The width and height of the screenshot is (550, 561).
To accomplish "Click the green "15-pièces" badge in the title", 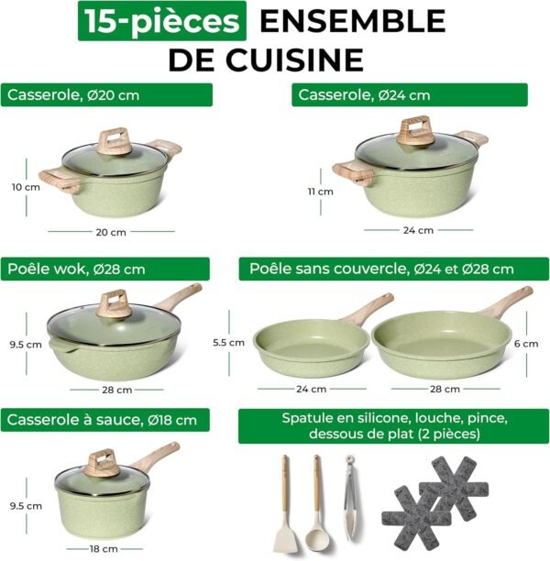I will click(x=161, y=21).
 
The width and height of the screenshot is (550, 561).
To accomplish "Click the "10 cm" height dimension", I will click(x=26, y=187).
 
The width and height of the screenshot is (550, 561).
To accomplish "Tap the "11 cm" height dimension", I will click(x=320, y=192).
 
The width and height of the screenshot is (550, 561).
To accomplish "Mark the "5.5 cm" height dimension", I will click(x=229, y=342).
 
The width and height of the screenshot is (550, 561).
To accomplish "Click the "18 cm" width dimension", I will click(x=104, y=549).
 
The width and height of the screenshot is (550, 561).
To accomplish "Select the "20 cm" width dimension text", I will click(x=111, y=232).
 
